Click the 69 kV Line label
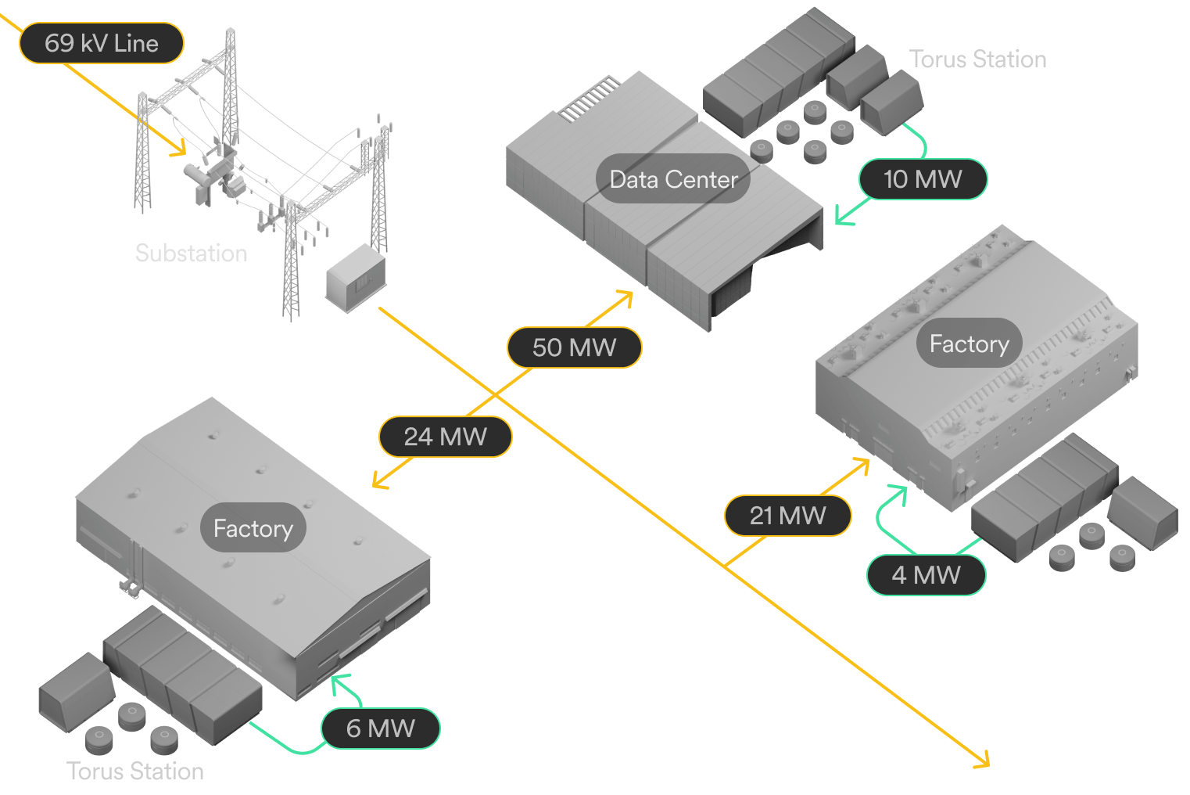point(102,43)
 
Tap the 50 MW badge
point(575,347)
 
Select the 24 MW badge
point(445,437)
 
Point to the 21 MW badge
point(788,516)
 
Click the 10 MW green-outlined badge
point(923,179)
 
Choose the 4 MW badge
point(926,575)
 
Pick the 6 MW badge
point(380,728)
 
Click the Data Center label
point(673,178)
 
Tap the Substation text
point(192,253)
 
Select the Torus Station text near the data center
point(978,59)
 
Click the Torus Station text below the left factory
point(135,771)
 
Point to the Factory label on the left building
point(253,527)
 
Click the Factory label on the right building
point(969,343)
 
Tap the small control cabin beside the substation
point(356,278)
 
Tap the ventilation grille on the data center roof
point(590,99)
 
